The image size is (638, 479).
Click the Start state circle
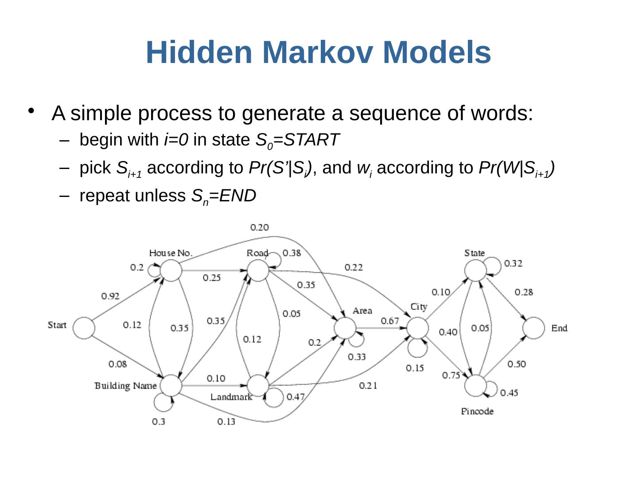tap(84, 328)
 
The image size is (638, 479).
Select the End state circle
tap(533, 328)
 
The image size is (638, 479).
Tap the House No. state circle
tap(171, 270)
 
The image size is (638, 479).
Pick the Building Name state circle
tap(171, 385)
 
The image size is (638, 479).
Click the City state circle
tap(417, 329)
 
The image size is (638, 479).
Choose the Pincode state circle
tap(475, 386)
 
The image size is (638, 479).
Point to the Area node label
tap(362, 310)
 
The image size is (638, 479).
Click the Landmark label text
tap(231, 397)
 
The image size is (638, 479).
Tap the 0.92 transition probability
tap(110, 296)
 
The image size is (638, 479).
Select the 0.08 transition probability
tap(117, 364)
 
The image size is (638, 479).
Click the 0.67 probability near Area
tap(389, 321)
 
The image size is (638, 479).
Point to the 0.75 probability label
tap(451, 375)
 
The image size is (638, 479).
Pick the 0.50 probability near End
tap(517, 364)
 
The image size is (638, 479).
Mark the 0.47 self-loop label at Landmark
tap(296, 397)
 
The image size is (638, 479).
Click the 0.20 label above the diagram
tap(259, 228)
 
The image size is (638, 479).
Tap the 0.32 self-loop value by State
tap(513, 263)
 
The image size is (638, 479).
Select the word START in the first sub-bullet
tap(311, 140)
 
